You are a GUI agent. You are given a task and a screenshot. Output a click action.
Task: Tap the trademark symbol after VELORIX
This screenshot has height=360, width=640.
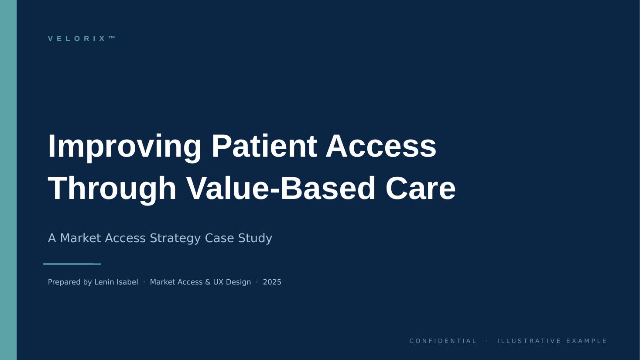[x=112, y=38]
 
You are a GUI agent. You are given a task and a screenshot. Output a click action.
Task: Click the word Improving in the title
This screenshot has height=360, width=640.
[x=124, y=146]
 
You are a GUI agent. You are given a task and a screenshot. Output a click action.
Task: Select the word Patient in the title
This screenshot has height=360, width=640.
[x=264, y=146]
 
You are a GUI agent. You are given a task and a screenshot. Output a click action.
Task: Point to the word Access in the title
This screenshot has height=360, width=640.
[x=381, y=146]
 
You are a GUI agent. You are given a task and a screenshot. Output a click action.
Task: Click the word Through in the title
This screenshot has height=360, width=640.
[x=112, y=189]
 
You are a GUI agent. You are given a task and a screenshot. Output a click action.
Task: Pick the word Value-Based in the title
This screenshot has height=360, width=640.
[x=281, y=189]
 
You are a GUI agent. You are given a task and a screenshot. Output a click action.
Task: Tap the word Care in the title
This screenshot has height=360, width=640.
[x=420, y=189]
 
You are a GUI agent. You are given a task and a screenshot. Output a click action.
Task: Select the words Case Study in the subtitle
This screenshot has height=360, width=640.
[x=239, y=238]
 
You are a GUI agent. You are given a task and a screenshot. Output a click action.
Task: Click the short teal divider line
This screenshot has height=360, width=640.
[x=72, y=264]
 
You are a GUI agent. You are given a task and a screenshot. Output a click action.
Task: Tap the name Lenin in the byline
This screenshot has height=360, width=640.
[x=105, y=282]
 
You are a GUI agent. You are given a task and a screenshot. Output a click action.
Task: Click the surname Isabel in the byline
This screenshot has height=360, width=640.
[x=128, y=282]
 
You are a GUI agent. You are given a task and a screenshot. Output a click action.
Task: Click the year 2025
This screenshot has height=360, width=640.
[x=272, y=282]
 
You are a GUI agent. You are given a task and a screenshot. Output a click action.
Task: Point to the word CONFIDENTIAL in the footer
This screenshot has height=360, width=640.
[x=443, y=341]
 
